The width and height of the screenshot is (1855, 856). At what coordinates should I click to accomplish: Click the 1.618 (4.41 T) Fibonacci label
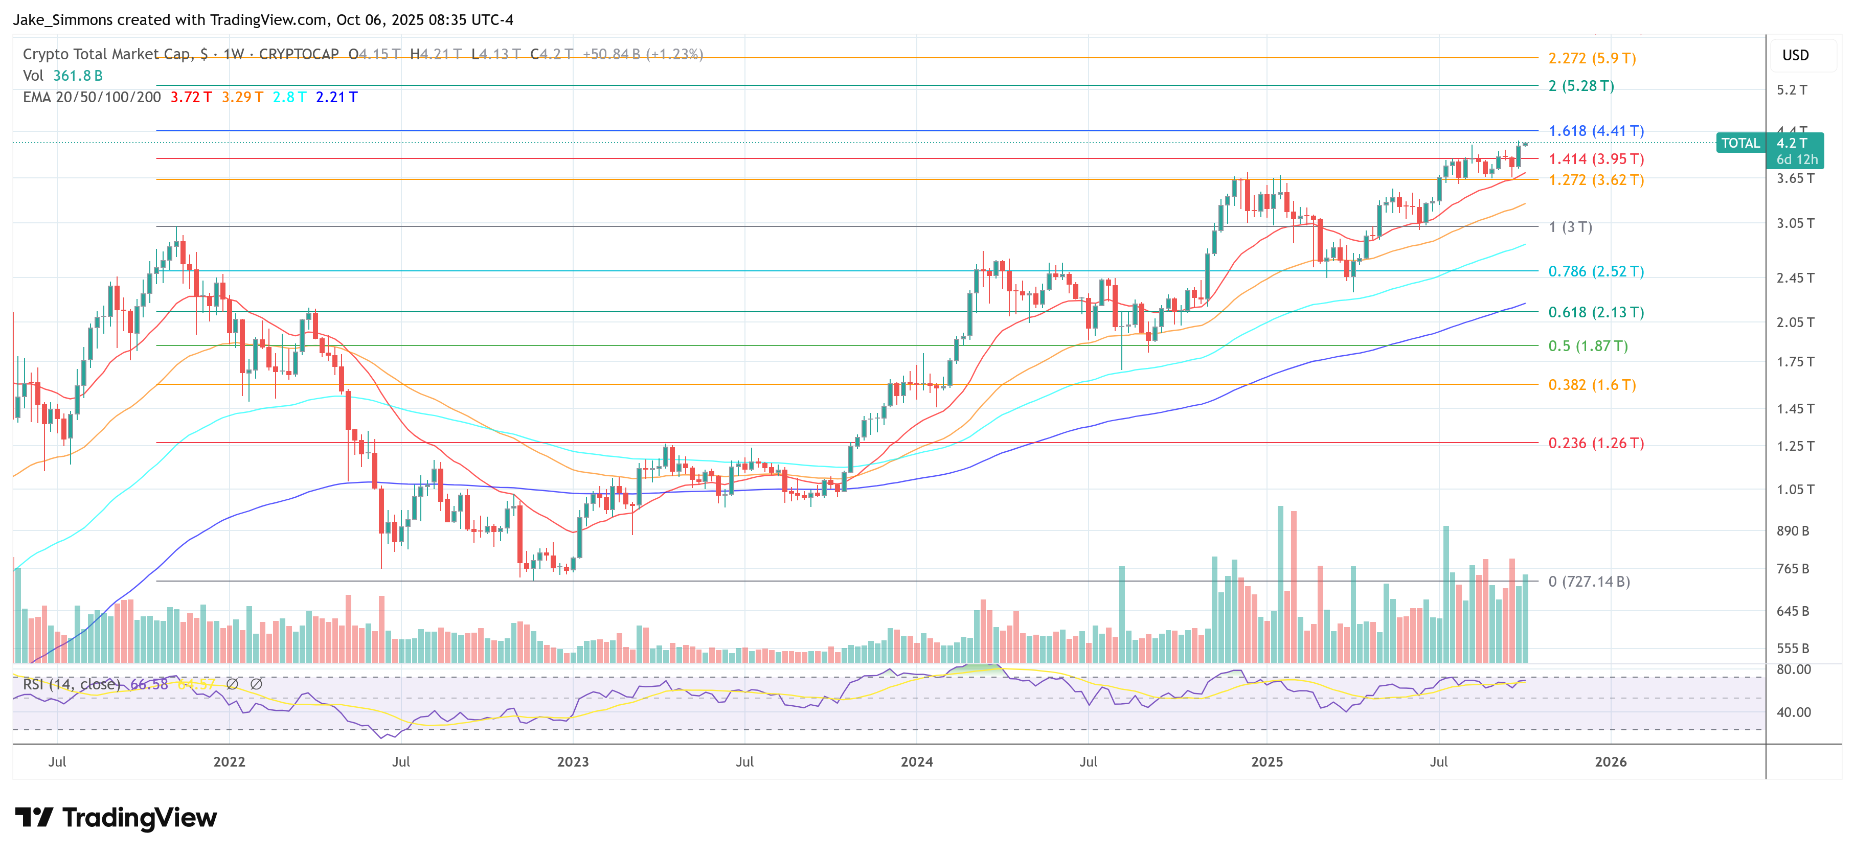[x=1596, y=131]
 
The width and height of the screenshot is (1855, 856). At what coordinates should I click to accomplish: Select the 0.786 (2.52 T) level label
[x=1596, y=271]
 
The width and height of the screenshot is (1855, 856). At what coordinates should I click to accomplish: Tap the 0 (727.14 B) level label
[x=1589, y=582]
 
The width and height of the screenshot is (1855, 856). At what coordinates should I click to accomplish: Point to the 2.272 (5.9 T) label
[x=1592, y=58]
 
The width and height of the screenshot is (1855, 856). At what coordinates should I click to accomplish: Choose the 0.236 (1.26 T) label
[x=1596, y=444]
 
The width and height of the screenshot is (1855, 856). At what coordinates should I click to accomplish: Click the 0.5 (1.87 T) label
[x=1588, y=346]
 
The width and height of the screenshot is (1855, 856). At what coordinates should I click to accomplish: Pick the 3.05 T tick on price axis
[x=1795, y=224]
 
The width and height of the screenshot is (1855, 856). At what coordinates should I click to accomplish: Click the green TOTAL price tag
[x=1740, y=143]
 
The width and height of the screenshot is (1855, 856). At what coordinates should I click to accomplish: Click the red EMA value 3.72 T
[x=191, y=97]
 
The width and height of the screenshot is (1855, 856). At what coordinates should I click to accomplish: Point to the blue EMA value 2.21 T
[x=336, y=97]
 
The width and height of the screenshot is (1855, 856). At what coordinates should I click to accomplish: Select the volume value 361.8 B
[x=78, y=76]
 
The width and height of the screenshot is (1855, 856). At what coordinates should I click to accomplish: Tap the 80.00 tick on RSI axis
[x=1793, y=669]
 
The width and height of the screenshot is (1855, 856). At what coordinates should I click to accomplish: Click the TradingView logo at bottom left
[x=115, y=818]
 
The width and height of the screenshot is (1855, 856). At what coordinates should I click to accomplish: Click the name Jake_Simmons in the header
[x=63, y=20]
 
